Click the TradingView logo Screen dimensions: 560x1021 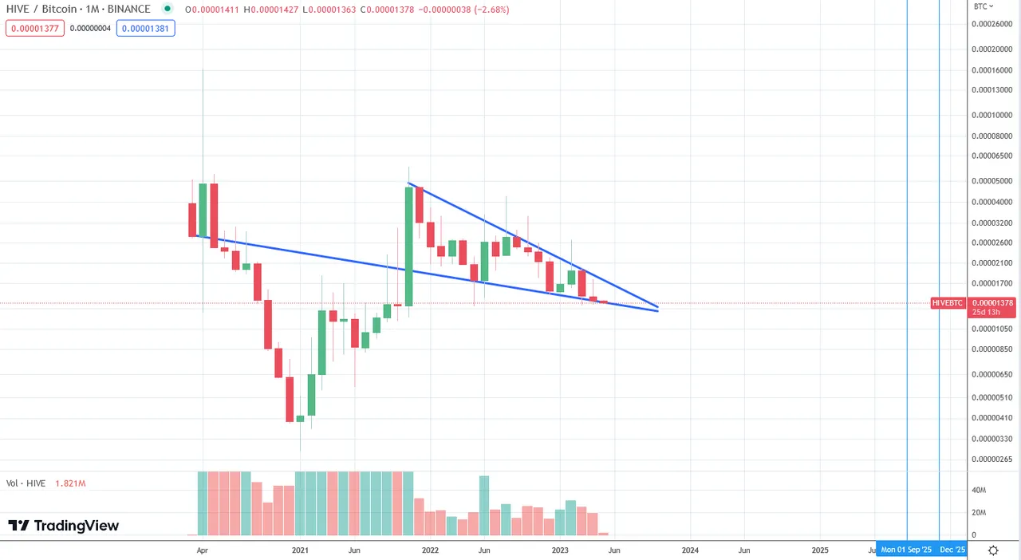click(x=63, y=526)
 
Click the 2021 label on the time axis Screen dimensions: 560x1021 click(x=300, y=550)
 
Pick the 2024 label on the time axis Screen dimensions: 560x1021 click(x=690, y=550)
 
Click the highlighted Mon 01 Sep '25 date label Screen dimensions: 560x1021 click(x=906, y=550)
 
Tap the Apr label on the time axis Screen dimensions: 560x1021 click(x=203, y=550)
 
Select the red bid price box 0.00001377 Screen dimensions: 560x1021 click(x=35, y=28)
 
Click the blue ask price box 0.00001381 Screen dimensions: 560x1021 click(x=145, y=28)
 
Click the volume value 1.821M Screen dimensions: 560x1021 click(x=70, y=483)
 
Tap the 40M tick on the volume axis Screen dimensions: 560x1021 click(x=979, y=490)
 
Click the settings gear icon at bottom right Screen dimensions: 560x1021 click(x=993, y=550)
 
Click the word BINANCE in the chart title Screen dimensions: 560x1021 click(x=129, y=10)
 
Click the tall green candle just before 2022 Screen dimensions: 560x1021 click(x=409, y=246)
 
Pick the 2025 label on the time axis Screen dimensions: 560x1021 click(x=820, y=550)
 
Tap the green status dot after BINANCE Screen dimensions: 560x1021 click(x=167, y=10)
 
